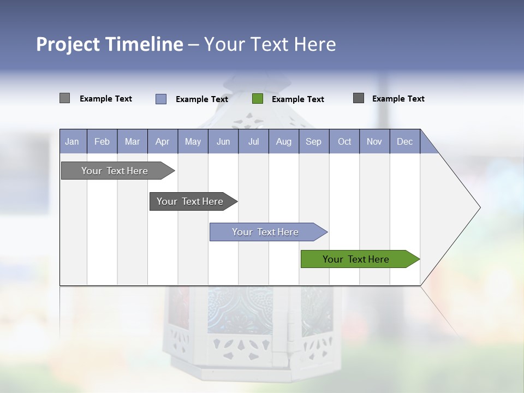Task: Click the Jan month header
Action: pyautogui.click(x=73, y=141)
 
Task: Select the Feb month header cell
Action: pyautogui.click(x=102, y=141)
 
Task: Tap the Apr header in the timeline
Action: pyautogui.click(x=163, y=141)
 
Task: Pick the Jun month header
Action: pyautogui.click(x=223, y=141)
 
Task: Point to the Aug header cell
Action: pyautogui.click(x=284, y=141)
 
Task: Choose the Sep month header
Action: pyautogui.click(x=314, y=141)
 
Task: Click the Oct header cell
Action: pyautogui.click(x=344, y=141)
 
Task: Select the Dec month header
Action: pyautogui.click(x=405, y=141)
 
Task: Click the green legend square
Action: pyautogui.click(x=258, y=99)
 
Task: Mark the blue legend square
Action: pyautogui.click(x=161, y=99)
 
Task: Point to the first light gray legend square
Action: pyautogui.click(x=64, y=98)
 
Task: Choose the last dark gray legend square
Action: pyautogui.click(x=359, y=98)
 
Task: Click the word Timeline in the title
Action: pyautogui.click(x=144, y=44)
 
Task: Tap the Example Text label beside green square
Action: pyautogui.click(x=297, y=99)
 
